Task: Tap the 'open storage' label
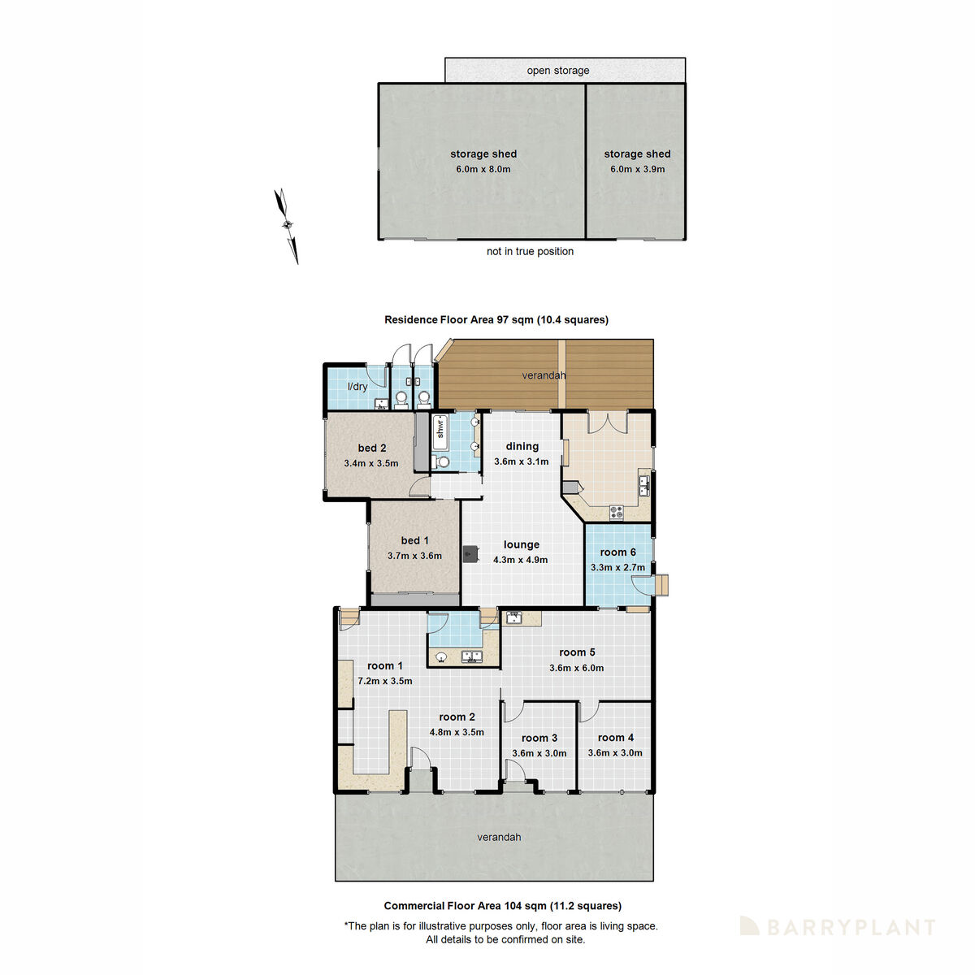(557, 71)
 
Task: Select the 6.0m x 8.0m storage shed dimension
(483, 170)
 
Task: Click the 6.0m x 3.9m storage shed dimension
(637, 170)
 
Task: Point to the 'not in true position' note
(530, 252)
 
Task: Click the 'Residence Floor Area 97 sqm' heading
(496, 320)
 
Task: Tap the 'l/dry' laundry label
(357, 387)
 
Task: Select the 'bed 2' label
(371, 448)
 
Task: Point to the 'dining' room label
(522, 446)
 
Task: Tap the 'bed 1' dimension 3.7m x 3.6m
(414, 557)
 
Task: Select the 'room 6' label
(617, 552)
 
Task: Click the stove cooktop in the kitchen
(617, 512)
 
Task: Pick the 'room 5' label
(577, 652)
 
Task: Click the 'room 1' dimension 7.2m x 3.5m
(384, 682)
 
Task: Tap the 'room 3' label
(539, 739)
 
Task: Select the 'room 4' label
(615, 738)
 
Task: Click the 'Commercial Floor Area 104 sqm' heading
(502, 906)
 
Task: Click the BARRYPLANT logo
(838, 927)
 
